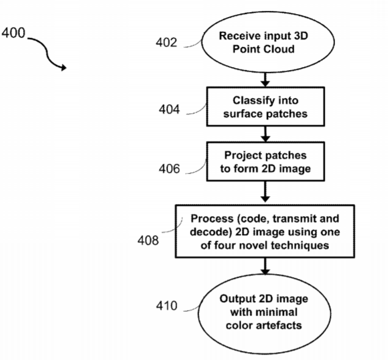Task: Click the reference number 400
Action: (13, 33)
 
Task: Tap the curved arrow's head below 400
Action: (64, 67)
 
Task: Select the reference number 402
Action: (166, 42)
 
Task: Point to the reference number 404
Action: (169, 109)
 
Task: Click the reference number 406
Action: (169, 169)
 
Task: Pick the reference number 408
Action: (148, 240)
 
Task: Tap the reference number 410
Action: (166, 306)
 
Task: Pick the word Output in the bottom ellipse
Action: (238, 299)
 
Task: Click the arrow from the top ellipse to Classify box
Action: (266, 80)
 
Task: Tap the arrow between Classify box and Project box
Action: (266, 134)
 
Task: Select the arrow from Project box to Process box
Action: (266, 192)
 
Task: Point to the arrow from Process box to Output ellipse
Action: (266, 266)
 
